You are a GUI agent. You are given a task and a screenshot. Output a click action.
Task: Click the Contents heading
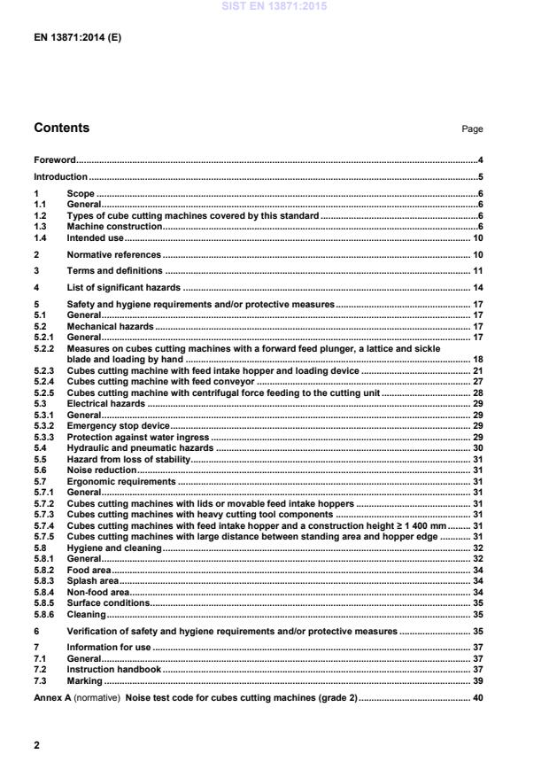pos(61,128)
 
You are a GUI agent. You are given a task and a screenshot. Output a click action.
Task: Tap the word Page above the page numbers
pos(472,129)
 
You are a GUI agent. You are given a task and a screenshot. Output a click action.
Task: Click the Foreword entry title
pos(54,160)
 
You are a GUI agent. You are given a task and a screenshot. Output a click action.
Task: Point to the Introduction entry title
pos(60,176)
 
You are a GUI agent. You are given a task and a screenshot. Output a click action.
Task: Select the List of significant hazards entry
pos(124,287)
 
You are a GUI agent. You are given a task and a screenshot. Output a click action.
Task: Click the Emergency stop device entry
pos(112,426)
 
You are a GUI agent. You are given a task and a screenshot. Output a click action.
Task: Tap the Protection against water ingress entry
pos(137,437)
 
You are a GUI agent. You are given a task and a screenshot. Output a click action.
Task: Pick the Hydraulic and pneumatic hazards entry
pos(140,448)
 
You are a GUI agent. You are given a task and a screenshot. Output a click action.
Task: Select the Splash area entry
pos(92,580)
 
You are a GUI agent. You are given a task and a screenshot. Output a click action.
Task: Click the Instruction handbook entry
pos(113,670)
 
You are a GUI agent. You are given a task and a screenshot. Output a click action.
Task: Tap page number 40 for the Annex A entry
pos(477,698)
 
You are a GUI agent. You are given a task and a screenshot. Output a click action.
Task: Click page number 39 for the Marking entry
pos(477,681)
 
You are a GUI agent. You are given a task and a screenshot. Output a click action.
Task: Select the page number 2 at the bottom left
pos(37,745)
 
